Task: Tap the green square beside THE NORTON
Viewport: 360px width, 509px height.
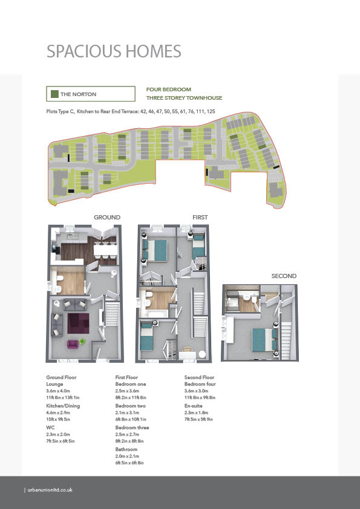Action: point(54,94)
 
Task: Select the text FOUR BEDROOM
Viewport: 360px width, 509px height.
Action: point(169,89)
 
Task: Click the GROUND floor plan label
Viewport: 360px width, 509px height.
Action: point(107,217)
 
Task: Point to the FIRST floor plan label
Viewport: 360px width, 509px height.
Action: point(200,217)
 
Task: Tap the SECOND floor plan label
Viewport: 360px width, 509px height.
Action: point(284,276)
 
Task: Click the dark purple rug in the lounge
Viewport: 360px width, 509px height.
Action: point(78,323)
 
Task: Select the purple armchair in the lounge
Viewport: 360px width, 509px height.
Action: point(73,344)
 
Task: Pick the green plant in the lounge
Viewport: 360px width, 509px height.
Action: point(82,341)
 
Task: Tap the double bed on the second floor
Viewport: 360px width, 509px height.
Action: point(265,340)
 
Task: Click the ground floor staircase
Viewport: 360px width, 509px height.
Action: point(111,314)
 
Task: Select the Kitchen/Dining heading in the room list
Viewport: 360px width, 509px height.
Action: point(63,406)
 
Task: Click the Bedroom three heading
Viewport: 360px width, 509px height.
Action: point(133,427)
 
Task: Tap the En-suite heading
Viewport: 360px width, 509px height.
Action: point(194,406)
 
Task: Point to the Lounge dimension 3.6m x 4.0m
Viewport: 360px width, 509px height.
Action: point(58,391)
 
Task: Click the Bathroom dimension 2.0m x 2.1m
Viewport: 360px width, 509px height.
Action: point(127,456)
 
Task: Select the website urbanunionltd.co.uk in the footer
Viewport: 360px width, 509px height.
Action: point(50,490)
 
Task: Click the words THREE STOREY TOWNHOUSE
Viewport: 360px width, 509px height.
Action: point(184,98)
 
